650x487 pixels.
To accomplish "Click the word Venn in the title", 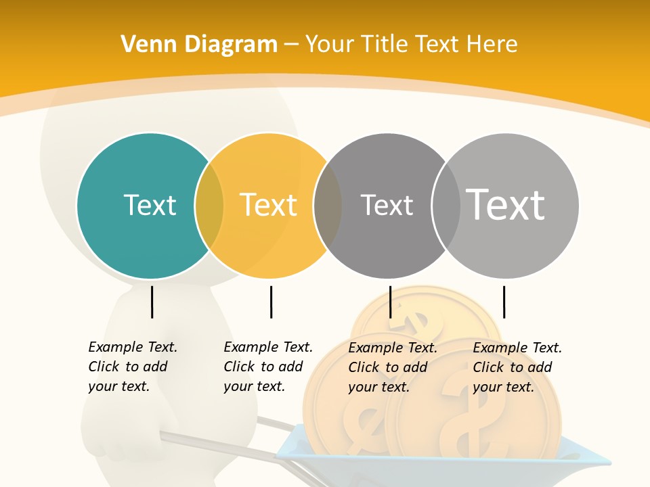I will (x=142, y=45).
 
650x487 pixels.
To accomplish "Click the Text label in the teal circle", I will (x=150, y=205).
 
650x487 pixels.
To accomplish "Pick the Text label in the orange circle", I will (x=269, y=205).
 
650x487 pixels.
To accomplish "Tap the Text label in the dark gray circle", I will (x=387, y=205).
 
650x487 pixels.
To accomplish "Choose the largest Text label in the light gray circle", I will (x=506, y=205).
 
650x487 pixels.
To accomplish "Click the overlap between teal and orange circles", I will (x=209, y=205).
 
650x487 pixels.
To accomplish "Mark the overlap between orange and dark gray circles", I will (x=328, y=205).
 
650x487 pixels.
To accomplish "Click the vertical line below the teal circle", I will (x=152, y=302).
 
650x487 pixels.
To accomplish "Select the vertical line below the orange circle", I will (x=271, y=302).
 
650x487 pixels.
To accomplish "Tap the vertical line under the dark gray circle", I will (x=390, y=302).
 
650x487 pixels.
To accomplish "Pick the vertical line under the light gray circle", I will (x=504, y=302).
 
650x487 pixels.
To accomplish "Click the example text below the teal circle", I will (x=133, y=367).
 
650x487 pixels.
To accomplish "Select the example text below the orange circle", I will (x=268, y=367).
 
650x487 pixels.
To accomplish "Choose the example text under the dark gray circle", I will (x=393, y=367).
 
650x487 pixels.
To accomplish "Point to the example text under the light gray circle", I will (x=517, y=367).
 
